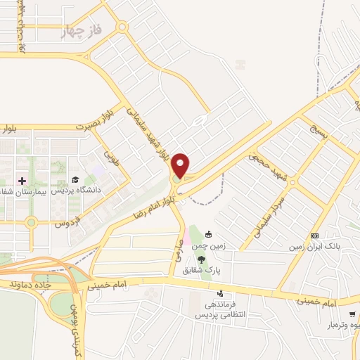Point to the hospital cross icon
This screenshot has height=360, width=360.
tap(22, 181)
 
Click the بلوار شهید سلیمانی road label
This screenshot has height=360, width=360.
tap(148, 132)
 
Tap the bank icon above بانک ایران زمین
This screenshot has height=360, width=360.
tap(314, 236)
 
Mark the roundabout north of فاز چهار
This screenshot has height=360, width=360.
tap(123, 27)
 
